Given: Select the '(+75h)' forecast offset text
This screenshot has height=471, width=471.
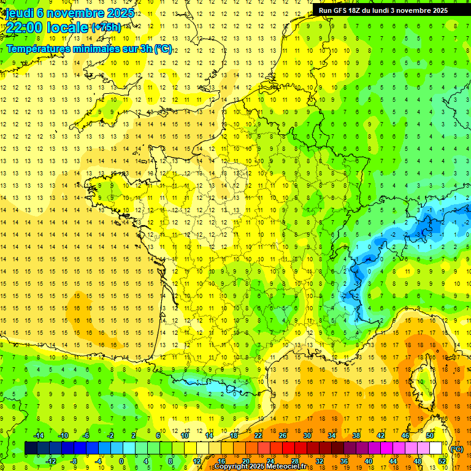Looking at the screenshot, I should pyautogui.click(x=106, y=28).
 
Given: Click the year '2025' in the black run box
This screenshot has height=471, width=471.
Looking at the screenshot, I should pyautogui.click(x=438, y=10).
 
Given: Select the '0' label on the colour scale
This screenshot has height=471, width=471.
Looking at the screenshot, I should pyautogui.click(x=121, y=461).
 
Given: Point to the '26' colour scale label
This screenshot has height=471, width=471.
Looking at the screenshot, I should pyautogui.click(x=282, y=435).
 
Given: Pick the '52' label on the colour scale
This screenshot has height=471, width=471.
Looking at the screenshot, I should pyautogui.click(x=442, y=461).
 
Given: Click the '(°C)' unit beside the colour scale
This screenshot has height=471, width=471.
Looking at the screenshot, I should pyautogui.click(x=457, y=449).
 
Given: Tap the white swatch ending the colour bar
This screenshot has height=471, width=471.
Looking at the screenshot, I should pyautogui.click(x=436, y=448).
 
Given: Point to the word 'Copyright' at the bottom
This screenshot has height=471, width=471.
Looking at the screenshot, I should pyautogui.click(x=232, y=467).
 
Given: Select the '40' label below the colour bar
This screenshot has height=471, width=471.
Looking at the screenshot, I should pyautogui.click(x=368, y=461).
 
